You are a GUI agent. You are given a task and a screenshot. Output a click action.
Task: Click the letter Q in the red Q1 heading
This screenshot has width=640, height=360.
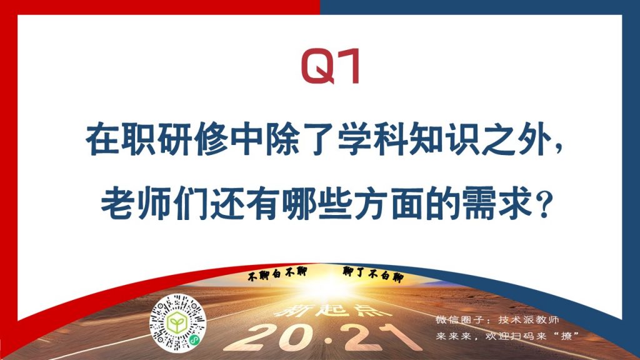pos(318,66)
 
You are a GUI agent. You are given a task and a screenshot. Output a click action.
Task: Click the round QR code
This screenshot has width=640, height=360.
pos(177,323)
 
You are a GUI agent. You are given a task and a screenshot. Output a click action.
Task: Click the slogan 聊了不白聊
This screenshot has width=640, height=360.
pos(373,274)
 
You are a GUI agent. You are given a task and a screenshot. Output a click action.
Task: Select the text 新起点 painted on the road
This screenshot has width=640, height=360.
pos(332,310)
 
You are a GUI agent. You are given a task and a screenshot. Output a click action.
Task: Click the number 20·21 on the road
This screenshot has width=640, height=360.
pos(323,337)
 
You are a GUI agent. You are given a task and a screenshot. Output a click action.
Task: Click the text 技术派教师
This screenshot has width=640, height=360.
pos(528,319)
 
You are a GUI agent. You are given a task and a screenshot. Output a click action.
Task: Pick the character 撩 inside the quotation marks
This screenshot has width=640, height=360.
pos(566,336)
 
